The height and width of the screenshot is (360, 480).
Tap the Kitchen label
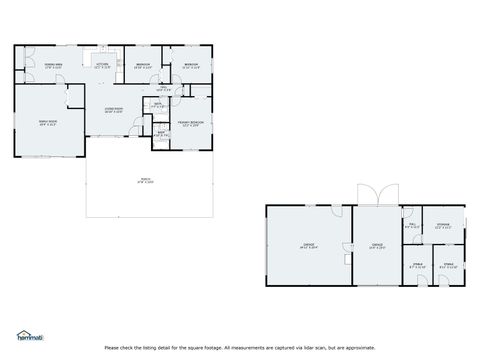(x=101, y=65)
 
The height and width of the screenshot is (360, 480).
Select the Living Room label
(x=115, y=110)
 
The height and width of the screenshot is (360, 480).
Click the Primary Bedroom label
(x=190, y=124)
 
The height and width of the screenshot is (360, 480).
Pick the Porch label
(x=146, y=181)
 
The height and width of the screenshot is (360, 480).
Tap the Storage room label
(x=442, y=226)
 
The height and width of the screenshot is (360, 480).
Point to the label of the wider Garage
(x=309, y=245)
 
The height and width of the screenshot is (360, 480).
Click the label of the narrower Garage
(x=377, y=245)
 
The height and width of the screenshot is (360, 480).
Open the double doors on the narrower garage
(x=377, y=195)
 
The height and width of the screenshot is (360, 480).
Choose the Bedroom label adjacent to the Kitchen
(x=144, y=65)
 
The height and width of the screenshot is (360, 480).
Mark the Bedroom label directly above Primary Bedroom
(x=190, y=65)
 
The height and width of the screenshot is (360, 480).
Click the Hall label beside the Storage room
(x=411, y=226)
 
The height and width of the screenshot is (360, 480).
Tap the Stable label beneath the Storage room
(x=449, y=266)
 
